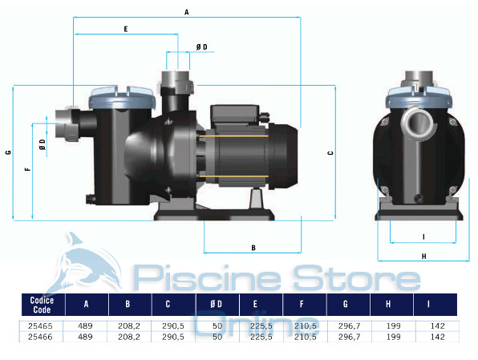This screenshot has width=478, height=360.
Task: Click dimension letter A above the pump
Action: pos(186,12)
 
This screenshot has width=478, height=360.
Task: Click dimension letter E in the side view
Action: pos(126,29)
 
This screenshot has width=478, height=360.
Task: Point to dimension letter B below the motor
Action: pos(253,249)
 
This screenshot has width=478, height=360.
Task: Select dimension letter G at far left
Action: pos(7,152)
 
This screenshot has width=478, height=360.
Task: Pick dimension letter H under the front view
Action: pos(423,256)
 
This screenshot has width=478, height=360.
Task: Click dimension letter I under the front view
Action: pos(423,237)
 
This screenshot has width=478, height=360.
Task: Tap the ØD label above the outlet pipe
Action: pos(201,47)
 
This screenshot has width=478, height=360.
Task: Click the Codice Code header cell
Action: pos(42,305)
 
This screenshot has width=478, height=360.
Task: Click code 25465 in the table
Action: pos(42,326)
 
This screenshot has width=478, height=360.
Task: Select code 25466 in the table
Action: pos(42,338)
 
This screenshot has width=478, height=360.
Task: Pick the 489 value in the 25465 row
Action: pos(86,326)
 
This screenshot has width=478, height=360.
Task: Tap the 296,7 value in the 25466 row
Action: pos(348,338)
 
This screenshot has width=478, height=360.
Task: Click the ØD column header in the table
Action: pos(217,305)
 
